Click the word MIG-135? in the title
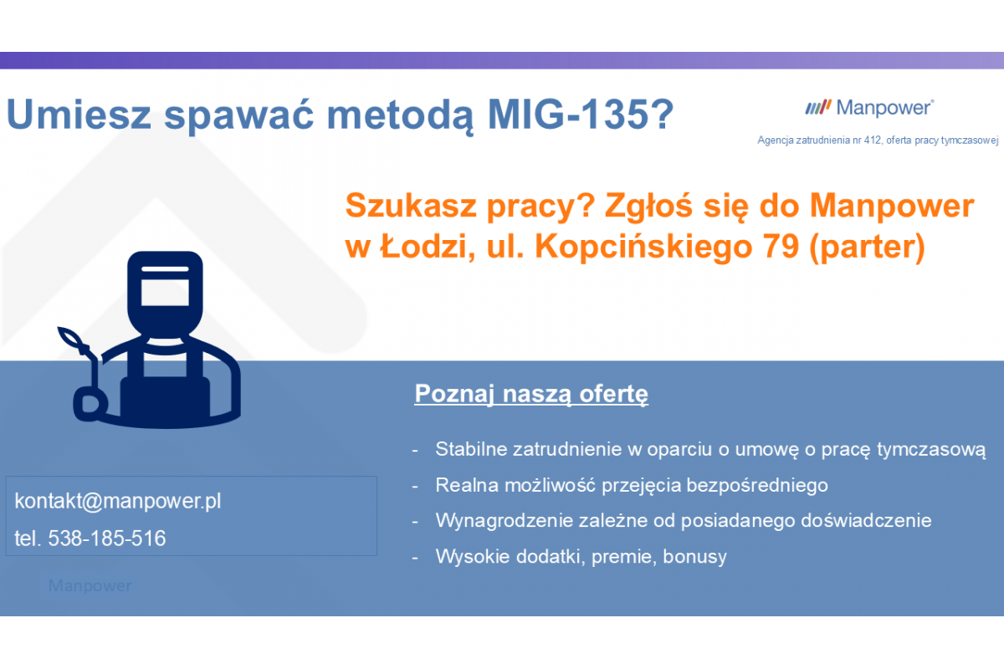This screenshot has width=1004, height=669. pyautogui.click(x=581, y=115)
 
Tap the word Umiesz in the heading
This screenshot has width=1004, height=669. pyautogui.click(x=79, y=115)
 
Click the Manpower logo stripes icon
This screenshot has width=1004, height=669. pyautogui.click(x=818, y=107)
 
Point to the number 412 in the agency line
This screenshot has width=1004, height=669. pyautogui.click(x=873, y=140)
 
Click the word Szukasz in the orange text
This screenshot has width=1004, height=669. pyautogui.click(x=411, y=206)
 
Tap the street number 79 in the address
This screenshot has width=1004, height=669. pyautogui.click(x=781, y=246)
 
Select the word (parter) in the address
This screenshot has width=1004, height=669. pyautogui.click(x=868, y=248)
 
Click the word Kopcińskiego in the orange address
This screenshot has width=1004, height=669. pyautogui.click(x=643, y=248)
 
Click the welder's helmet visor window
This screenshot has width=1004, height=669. pyautogui.click(x=165, y=293)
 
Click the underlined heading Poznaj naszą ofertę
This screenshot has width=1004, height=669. pyautogui.click(x=531, y=394)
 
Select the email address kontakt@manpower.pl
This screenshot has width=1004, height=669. pyautogui.click(x=118, y=501)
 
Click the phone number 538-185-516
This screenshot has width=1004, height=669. pyautogui.click(x=107, y=539)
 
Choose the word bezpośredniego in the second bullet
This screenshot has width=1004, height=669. pyautogui.click(x=757, y=486)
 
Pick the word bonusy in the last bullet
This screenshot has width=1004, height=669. pyautogui.click(x=694, y=557)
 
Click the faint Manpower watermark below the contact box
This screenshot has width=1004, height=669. pyautogui.click(x=90, y=585)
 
